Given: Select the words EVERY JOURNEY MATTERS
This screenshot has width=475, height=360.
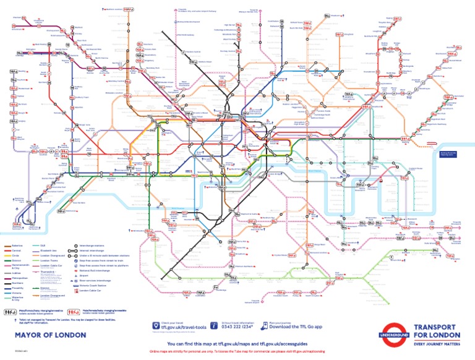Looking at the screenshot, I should click(x=436, y=342).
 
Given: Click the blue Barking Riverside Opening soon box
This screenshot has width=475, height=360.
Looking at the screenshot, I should click(x=448, y=154).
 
